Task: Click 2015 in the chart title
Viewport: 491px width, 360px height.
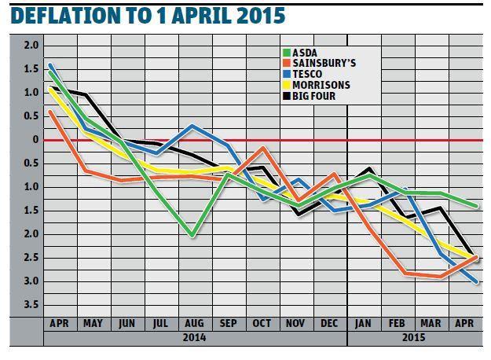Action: tap(260, 16)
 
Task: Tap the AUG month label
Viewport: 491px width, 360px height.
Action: tap(194, 323)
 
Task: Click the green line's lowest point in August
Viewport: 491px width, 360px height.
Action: tap(193, 235)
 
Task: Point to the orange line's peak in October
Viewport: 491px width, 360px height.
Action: tap(262, 148)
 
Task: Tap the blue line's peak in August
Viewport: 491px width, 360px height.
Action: tap(193, 126)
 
